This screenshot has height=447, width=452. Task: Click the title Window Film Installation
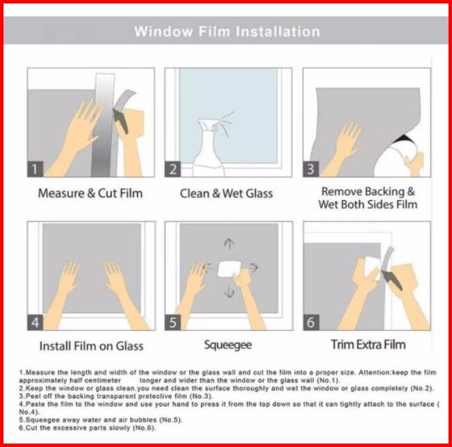click(227, 31)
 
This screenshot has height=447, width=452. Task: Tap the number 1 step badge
click(35, 169)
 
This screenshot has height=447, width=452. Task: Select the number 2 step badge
click(172, 169)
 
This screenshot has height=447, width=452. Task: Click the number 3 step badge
click(311, 169)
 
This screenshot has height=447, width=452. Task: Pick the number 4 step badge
click(35, 323)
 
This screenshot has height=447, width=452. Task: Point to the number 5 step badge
click(172, 323)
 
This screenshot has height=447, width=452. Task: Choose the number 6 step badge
click(311, 323)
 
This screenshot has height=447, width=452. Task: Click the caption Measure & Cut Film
click(90, 193)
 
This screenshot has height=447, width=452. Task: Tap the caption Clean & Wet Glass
click(226, 193)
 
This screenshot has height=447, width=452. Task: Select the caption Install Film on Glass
click(91, 346)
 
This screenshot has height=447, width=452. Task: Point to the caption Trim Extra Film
click(368, 344)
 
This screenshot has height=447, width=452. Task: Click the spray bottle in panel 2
click(209, 147)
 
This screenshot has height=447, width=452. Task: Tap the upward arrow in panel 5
click(229, 243)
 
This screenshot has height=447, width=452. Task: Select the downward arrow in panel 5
click(229, 292)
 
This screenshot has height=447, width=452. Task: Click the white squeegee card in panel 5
click(229, 268)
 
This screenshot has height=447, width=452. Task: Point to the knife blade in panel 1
click(120, 121)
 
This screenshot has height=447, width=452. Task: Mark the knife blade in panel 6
click(392, 279)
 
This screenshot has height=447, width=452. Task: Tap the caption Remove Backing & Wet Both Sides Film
click(368, 198)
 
